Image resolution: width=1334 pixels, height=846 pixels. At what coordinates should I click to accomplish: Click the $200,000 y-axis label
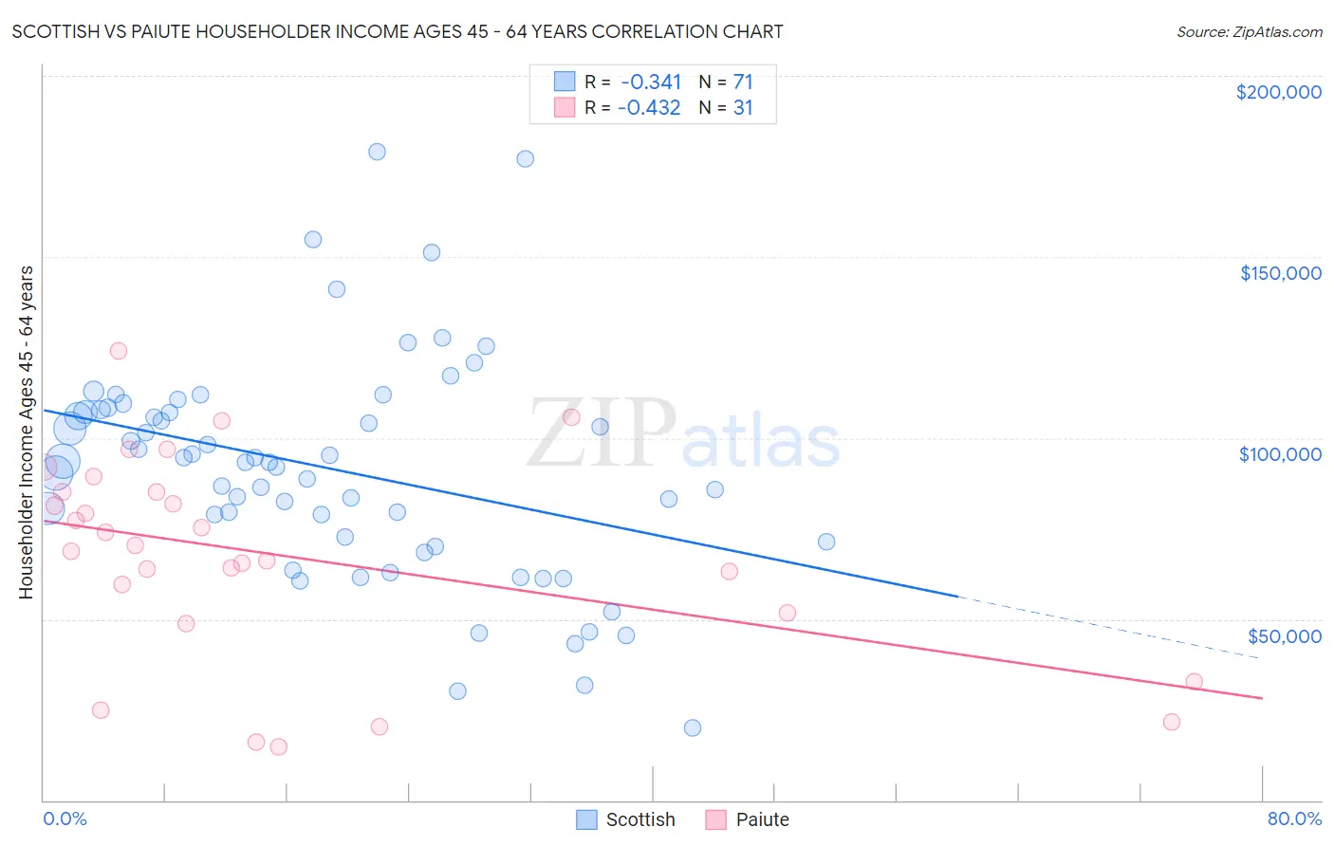1278,92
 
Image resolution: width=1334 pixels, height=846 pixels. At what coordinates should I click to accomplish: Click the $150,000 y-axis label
1280,273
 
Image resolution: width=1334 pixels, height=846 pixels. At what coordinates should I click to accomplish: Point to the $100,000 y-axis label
1280,454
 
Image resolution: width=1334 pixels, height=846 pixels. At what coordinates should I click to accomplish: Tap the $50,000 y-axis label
1284,635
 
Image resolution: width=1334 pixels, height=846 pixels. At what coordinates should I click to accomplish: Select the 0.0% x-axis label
65,818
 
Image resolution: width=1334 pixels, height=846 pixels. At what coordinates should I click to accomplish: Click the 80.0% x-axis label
1294,818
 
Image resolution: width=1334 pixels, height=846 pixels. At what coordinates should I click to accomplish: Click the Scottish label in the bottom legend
640,819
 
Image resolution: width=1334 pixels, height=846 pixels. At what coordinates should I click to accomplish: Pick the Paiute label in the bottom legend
762,819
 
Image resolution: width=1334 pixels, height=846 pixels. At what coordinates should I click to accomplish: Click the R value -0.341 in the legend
651,82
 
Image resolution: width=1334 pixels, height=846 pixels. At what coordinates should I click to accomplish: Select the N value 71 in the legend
743,82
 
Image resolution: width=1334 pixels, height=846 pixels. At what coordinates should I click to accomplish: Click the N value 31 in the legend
743,107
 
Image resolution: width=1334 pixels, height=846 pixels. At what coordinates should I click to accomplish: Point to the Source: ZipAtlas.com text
1249,31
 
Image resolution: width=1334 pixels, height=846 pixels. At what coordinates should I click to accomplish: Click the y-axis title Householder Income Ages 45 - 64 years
27,432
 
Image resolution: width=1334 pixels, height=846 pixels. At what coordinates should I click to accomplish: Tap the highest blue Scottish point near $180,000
377,152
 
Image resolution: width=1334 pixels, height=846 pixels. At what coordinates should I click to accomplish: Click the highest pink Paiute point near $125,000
119,351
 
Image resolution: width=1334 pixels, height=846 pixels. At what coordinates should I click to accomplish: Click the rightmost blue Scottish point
826,542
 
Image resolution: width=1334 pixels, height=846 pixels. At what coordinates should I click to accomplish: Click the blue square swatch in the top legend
565,82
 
